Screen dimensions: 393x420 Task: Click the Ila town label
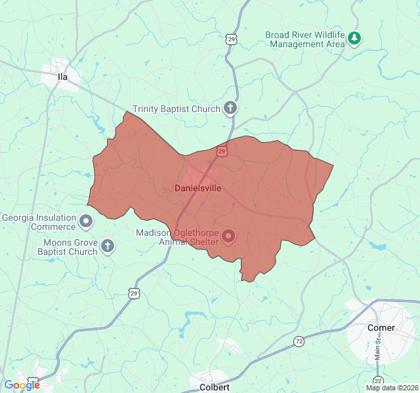click(63, 77)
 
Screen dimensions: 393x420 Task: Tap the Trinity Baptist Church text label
click(176, 109)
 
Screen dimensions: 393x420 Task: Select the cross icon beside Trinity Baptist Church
click(230, 108)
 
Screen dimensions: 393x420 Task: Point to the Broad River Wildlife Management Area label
click(305, 39)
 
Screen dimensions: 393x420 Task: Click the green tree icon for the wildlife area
click(355, 38)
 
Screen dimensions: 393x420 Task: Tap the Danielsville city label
click(198, 188)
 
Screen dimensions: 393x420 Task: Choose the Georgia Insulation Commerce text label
click(39, 222)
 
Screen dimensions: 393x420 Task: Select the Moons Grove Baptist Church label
click(67, 247)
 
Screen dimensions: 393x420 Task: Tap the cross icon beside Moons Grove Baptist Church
click(108, 246)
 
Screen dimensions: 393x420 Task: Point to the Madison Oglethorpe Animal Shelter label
click(177, 237)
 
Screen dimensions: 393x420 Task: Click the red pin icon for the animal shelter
click(228, 236)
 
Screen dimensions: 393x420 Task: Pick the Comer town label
click(381, 327)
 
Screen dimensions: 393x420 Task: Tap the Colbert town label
click(215, 387)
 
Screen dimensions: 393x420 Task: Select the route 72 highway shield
click(299, 341)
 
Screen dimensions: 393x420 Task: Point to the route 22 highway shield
click(377, 381)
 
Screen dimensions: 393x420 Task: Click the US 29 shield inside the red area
click(222, 151)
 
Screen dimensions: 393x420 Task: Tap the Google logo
click(21, 385)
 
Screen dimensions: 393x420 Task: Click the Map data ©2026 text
click(391, 388)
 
